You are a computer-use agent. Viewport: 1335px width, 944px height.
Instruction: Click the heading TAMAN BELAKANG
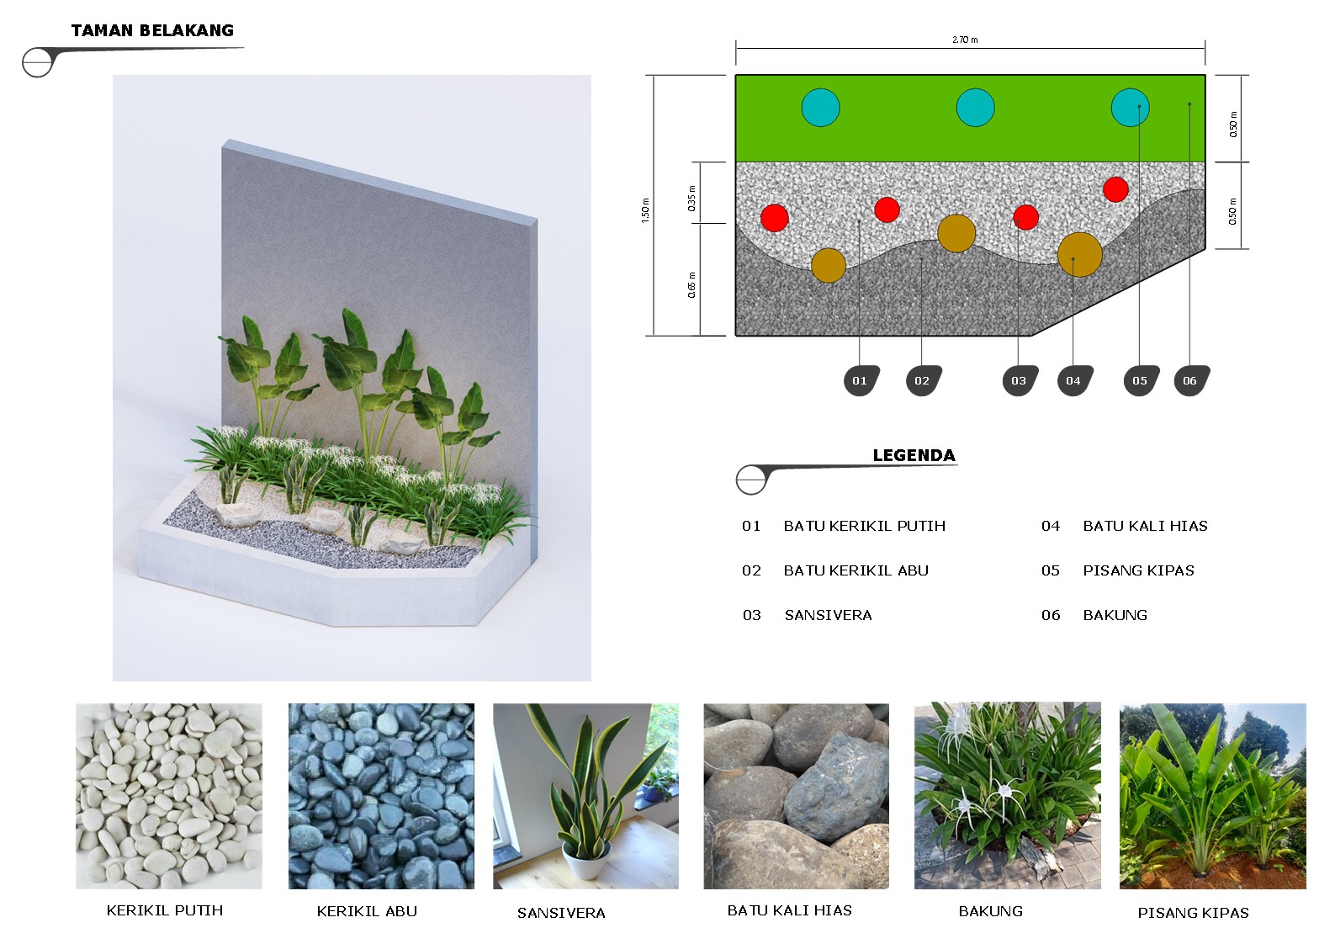(x=152, y=30)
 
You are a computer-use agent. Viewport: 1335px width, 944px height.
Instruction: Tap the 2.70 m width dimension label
(x=965, y=40)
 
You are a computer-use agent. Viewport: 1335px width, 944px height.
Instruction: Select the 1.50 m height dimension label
(x=645, y=210)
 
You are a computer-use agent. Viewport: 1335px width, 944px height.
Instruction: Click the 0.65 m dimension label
(x=691, y=285)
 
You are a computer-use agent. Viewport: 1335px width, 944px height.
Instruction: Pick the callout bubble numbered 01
(x=861, y=380)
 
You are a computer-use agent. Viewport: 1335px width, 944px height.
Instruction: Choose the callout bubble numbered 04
(x=1074, y=380)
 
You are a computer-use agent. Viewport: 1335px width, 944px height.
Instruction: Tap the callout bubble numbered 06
(x=1191, y=380)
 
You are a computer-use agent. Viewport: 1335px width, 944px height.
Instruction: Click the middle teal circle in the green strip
(x=975, y=108)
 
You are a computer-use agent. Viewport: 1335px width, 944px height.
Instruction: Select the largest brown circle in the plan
(x=1080, y=254)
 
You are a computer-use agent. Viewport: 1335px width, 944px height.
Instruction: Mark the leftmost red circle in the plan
(x=775, y=218)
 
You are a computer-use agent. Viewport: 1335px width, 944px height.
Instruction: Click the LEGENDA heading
(x=914, y=455)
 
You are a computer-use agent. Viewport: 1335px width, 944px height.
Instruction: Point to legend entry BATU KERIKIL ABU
(x=856, y=570)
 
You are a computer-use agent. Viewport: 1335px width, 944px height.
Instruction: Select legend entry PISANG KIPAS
(x=1138, y=570)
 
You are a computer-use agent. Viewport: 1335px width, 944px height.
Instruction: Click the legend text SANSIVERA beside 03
(x=828, y=615)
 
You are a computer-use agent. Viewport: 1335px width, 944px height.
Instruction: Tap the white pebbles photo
(x=169, y=796)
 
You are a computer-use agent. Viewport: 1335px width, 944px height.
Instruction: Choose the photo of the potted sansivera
(x=585, y=796)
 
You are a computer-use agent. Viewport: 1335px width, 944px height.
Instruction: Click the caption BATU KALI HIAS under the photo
(x=790, y=910)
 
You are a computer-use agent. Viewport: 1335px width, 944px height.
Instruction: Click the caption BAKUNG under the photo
(x=990, y=911)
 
